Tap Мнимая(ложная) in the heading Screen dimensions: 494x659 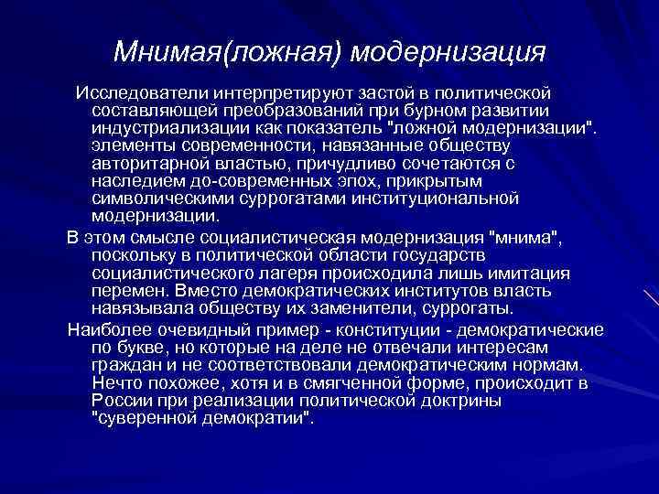click(x=232, y=51)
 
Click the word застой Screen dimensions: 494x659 click(x=383, y=93)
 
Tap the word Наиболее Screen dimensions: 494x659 click(x=106, y=329)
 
